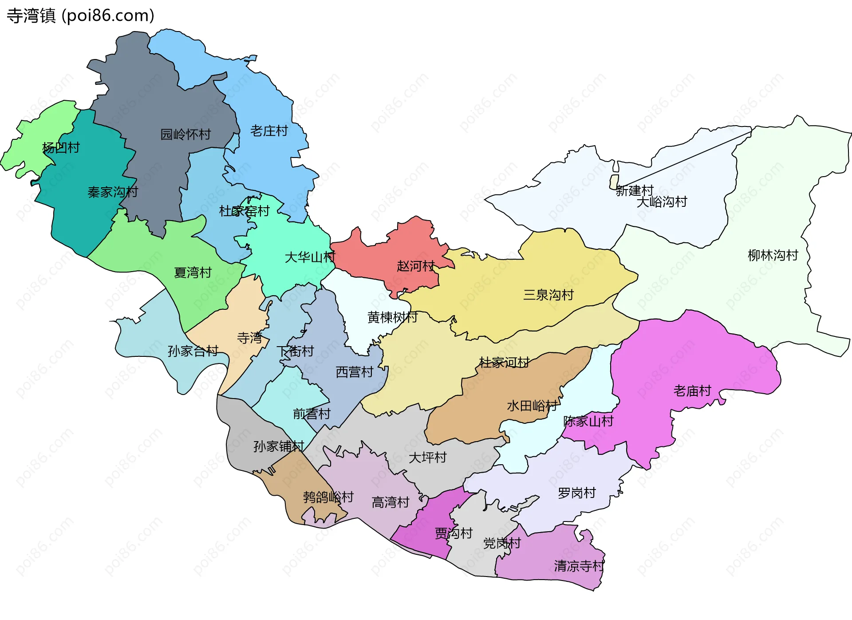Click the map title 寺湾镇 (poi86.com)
(80, 16)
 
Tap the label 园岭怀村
(185, 134)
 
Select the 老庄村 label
(269, 131)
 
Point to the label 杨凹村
(61, 148)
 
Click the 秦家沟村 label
(113, 192)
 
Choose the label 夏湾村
(193, 272)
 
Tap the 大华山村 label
(310, 257)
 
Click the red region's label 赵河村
(415, 266)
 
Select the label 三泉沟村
(548, 295)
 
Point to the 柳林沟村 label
(773, 255)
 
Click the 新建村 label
(635, 191)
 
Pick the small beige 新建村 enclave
(614, 182)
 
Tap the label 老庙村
(692, 391)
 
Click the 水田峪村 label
(532, 406)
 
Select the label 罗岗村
(576, 493)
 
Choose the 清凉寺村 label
(579, 566)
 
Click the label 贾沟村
(454, 533)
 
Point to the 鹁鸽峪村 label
(328, 497)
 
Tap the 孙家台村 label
(193, 351)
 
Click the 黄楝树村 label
(392, 317)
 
